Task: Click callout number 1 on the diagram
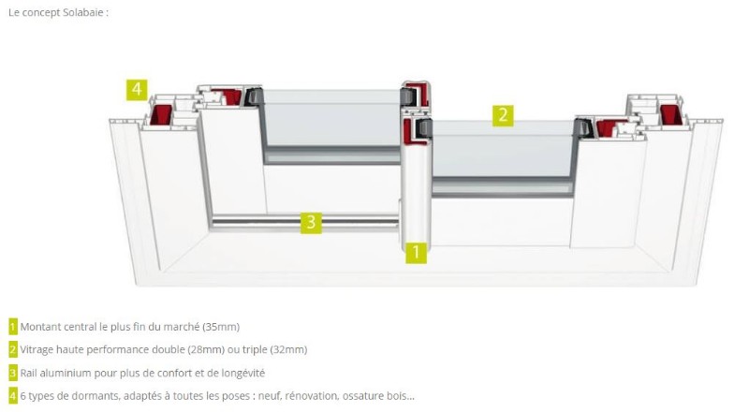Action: [416, 252]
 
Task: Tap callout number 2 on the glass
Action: [503, 116]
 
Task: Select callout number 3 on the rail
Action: [311, 222]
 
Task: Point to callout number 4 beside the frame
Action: [137, 90]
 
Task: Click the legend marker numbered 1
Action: [13, 327]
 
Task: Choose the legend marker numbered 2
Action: [13, 350]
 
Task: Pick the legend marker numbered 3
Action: [13, 373]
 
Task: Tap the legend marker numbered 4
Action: [13, 396]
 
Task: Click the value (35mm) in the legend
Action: [221, 327]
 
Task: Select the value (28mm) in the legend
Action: [206, 350]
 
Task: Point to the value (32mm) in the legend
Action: [288, 350]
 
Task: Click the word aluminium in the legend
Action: [66, 373]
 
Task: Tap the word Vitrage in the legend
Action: [37, 350]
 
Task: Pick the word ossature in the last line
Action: [363, 396]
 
